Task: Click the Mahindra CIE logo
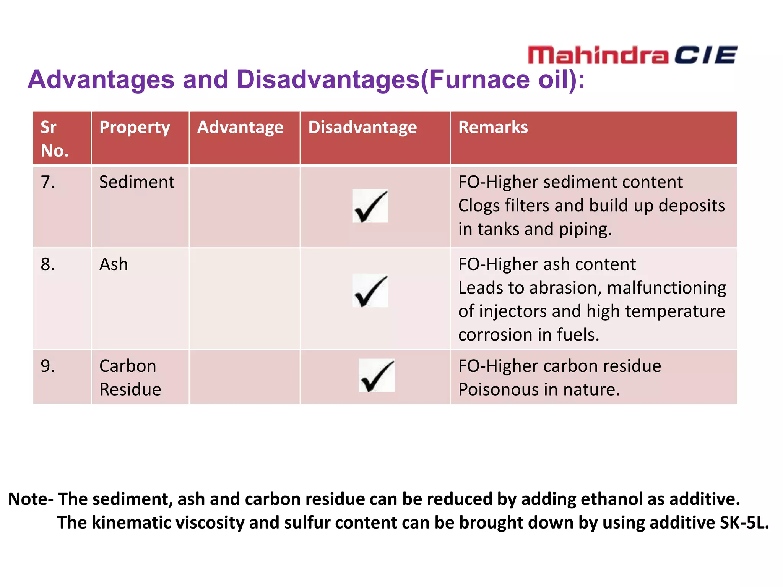coord(632,55)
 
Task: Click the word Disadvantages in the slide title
coord(328,79)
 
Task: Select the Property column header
coord(135,128)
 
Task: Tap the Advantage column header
coord(240,128)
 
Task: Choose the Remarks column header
coord(493,127)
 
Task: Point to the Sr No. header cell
coord(54,139)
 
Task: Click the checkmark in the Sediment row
coord(370,206)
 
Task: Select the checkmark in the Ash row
coord(370,291)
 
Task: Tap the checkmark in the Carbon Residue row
coord(377,376)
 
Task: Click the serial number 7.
coord(48,182)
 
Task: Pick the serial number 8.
coord(48,264)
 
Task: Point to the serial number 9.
coord(48,366)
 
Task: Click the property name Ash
coord(114,264)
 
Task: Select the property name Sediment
coord(136,182)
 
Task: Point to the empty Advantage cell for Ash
coord(245,298)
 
